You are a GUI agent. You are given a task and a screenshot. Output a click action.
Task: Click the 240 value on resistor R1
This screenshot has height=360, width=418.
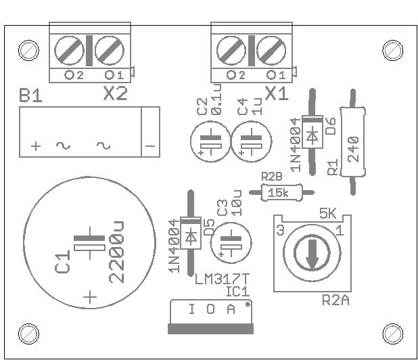(354, 150)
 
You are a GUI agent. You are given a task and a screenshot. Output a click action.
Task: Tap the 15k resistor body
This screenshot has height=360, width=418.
(281, 192)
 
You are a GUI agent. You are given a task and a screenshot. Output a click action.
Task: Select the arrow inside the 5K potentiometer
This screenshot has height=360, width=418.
(312, 254)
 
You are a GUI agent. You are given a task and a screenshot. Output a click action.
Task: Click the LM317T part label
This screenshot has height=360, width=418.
(222, 279)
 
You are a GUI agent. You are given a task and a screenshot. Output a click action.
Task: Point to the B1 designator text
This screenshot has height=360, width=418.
(30, 95)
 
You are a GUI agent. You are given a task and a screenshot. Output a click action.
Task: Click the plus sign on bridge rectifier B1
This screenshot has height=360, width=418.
(36, 146)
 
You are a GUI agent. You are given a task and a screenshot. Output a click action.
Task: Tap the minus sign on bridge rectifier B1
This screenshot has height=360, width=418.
(150, 146)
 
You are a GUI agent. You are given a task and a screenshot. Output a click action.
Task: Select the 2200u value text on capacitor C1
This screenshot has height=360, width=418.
(116, 252)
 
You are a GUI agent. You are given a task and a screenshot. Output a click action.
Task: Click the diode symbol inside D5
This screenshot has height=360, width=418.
(191, 237)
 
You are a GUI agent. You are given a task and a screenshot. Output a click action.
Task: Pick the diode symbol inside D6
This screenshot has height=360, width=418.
(312, 136)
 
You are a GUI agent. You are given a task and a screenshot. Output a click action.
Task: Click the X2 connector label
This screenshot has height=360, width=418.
(116, 93)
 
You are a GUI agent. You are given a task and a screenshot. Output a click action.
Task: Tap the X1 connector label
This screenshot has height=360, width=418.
(277, 93)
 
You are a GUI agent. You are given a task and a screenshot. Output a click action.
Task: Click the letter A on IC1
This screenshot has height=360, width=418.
(231, 309)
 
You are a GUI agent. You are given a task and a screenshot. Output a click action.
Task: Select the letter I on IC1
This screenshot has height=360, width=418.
(191, 309)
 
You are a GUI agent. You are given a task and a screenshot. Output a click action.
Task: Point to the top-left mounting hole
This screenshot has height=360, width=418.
(28, 50)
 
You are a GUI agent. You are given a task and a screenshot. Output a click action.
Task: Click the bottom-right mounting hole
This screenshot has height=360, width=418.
(393, 334)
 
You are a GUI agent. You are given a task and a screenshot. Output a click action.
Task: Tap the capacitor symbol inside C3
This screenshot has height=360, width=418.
(231, 243)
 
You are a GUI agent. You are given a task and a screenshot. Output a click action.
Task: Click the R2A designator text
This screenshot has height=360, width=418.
(335, 300)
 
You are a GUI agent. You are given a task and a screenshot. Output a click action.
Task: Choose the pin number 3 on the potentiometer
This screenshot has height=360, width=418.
(281, 230)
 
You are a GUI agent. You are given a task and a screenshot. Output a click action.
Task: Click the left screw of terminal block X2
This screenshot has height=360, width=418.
(69, 50)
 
